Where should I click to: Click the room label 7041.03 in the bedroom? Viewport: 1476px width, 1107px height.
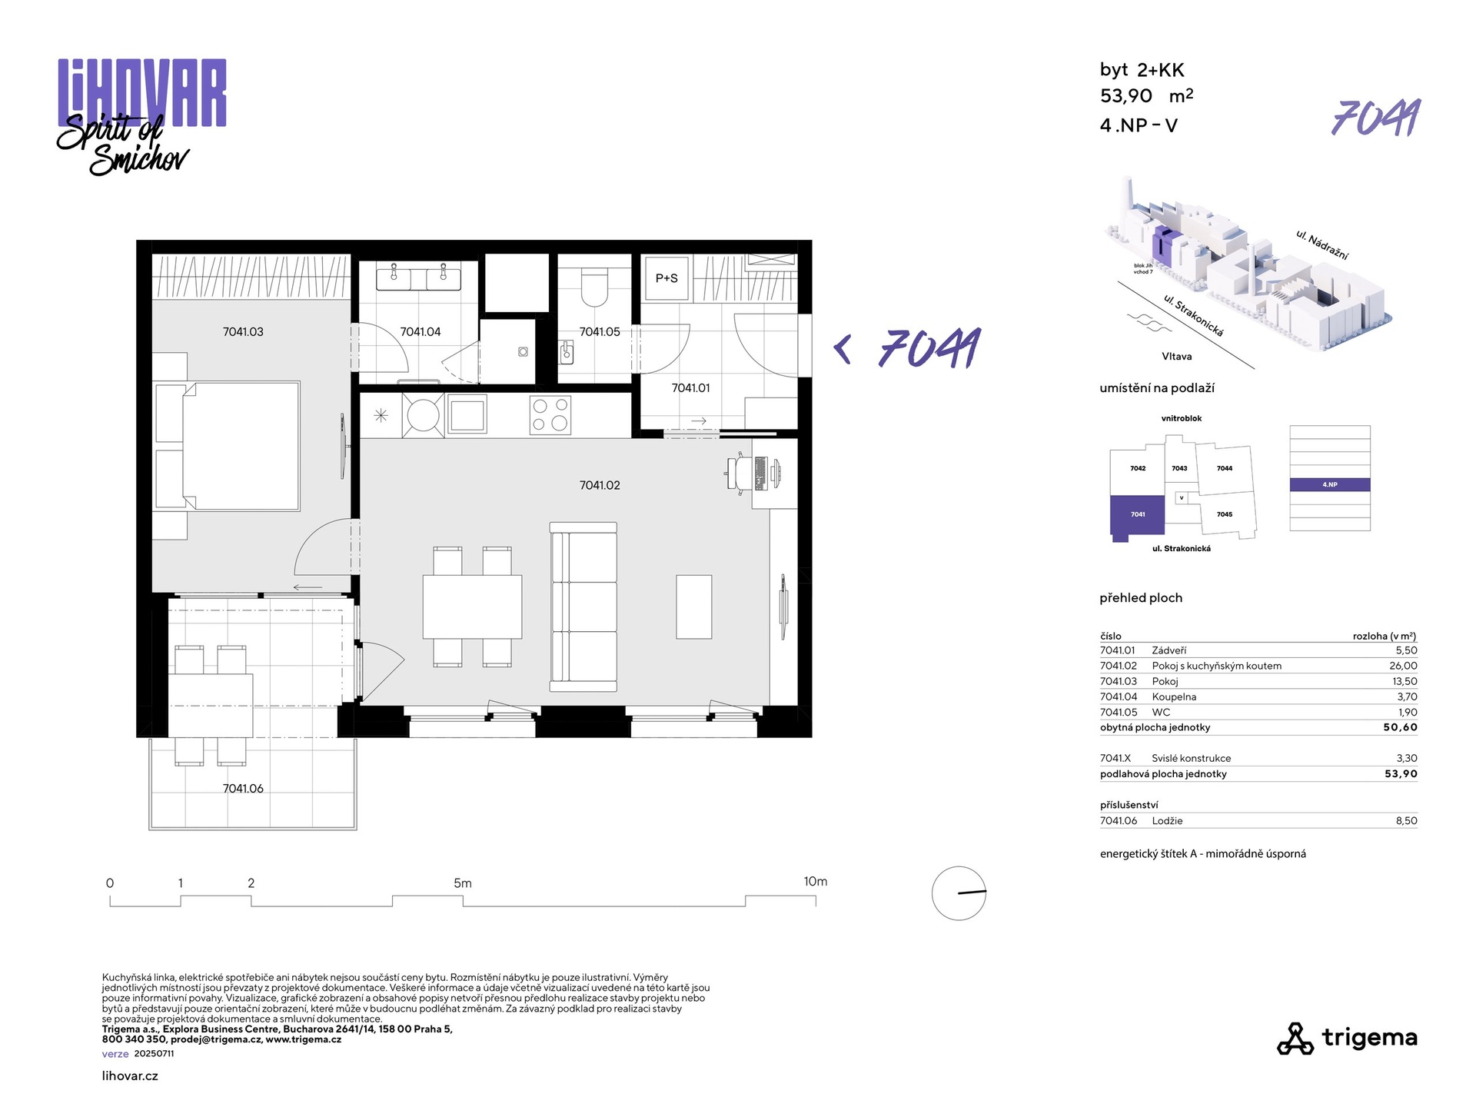[x=243, y=332]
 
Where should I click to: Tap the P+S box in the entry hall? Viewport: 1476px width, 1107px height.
[x=667, y=278]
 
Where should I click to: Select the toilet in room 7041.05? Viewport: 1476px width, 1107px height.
[x=594, y=287]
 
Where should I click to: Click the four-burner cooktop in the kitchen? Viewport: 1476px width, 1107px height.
[x=550, y=415]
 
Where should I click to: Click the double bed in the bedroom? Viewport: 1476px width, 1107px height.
[x=228, y=446]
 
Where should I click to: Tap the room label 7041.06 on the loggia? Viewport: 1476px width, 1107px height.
[x=243, y=789]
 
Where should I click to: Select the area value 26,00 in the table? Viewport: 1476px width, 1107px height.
[x=1403, y=666]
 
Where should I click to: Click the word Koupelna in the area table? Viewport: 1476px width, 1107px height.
[x=1174, y=696]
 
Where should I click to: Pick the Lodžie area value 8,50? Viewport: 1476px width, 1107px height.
[x=1407, y=820]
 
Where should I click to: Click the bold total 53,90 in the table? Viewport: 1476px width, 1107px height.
[x=1401, y=774]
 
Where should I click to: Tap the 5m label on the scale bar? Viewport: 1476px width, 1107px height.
[x=463, y=883]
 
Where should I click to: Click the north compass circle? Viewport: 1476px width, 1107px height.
[x=959, y=893]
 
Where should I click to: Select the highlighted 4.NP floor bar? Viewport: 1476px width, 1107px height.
[x=1330, y=485]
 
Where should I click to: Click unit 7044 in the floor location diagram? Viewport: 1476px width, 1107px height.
[x=1225, y=468]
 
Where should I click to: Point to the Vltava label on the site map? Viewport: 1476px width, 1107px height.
[x=1176, y=357]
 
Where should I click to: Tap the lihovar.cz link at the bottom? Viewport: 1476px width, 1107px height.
[x=130, y=1076]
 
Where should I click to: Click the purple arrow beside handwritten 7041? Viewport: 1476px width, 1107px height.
[x=843, y=350]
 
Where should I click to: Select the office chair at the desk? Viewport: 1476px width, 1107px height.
[x=739, y=472]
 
